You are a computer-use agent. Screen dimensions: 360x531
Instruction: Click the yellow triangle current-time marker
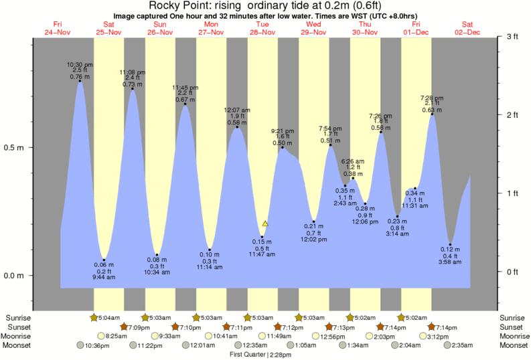265,223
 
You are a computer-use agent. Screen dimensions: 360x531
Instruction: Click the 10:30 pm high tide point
80,81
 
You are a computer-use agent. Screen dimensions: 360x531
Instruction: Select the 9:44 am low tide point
104,260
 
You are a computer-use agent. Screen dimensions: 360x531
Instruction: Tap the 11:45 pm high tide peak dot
185,104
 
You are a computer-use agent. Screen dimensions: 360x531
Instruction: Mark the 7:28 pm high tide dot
432,114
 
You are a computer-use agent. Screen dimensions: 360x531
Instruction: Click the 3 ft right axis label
512,37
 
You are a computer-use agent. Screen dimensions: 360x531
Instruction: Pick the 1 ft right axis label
512,193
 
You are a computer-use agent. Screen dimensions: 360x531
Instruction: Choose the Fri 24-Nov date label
57,27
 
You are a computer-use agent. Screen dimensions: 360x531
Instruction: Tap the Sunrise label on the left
18,317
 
